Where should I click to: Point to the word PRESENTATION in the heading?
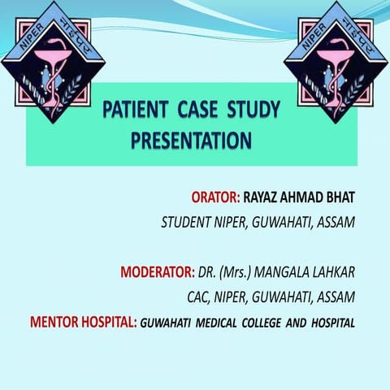click(191, 141)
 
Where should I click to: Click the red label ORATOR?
click(215, 197)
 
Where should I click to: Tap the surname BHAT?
click(339, 197)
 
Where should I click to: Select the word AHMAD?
click(304, 197)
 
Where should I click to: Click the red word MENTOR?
click(54, 323)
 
